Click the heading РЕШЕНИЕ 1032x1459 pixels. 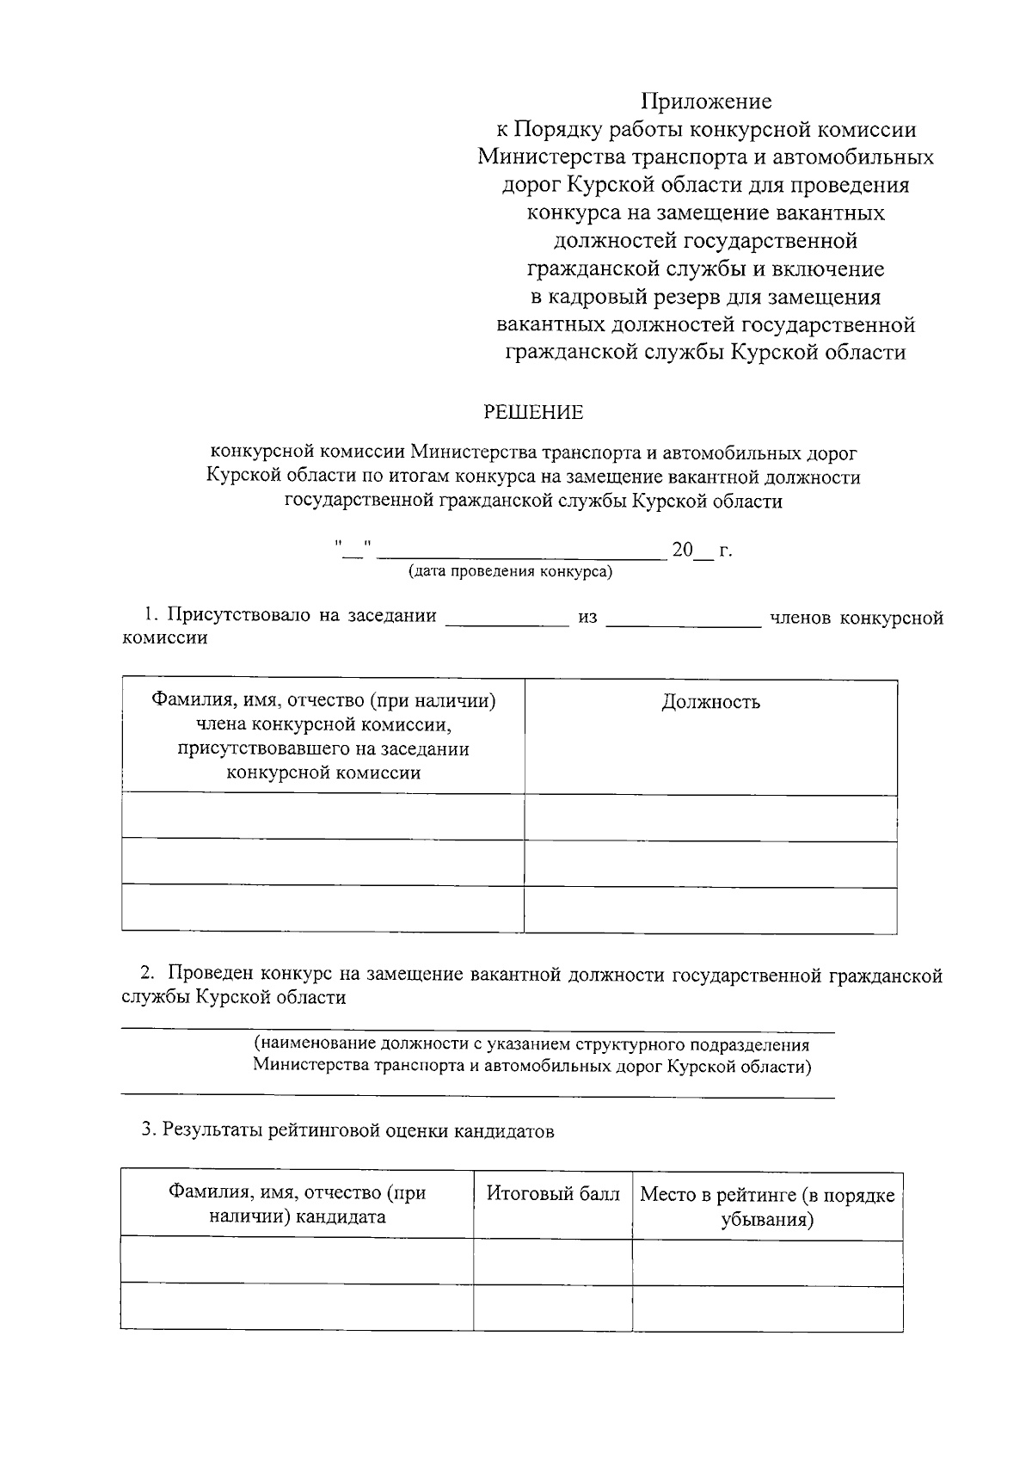point(533,413)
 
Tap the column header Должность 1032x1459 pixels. point(710,702)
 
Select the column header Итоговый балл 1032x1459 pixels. point(553,1194)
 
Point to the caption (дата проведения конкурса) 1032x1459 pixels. point(511,571)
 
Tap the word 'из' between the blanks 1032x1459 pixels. point(587,619)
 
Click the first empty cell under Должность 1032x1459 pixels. point(710,817)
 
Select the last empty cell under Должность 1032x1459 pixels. point(710,909)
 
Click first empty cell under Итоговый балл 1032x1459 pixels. point(552,1262)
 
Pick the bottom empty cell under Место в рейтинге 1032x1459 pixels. point(767,1308)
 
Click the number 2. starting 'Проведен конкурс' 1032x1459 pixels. point(149,975)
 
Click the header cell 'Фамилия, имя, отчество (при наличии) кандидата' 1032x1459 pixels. point(297,1204)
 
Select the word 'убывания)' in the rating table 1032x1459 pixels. point(767,1219)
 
